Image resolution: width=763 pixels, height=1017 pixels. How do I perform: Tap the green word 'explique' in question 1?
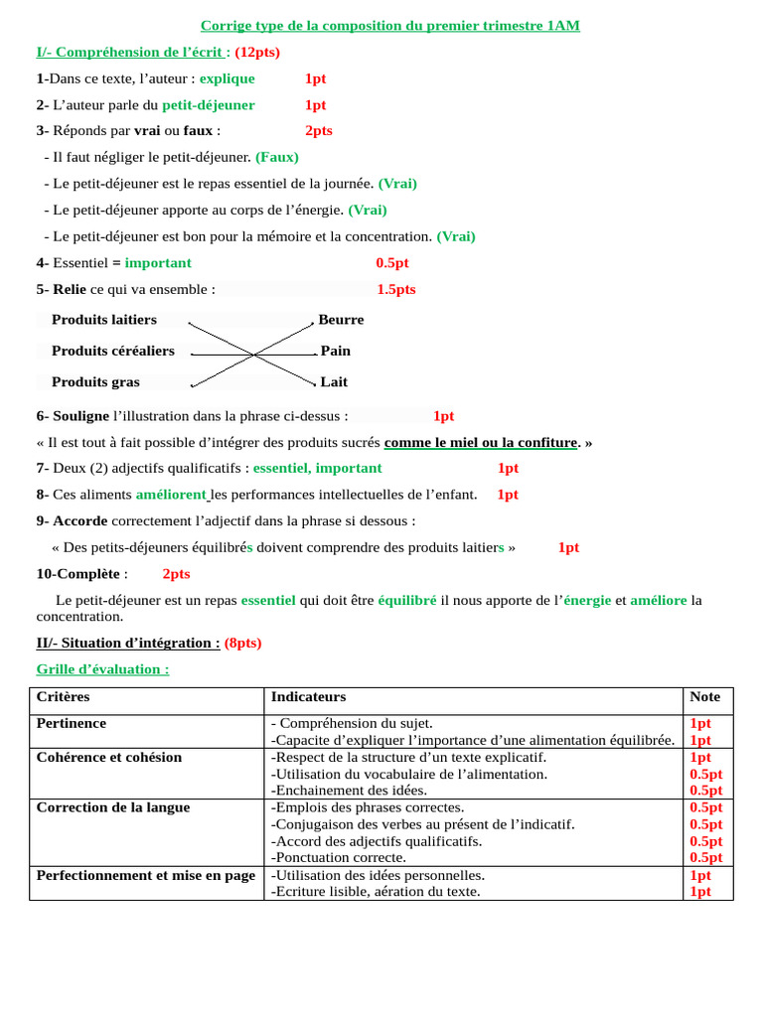(227, 78)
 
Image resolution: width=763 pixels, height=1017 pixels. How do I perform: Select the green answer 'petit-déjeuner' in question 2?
(209, 105)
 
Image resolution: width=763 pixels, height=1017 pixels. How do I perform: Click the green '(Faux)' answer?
(277, 157)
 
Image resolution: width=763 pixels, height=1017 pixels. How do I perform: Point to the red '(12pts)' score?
(257, 52)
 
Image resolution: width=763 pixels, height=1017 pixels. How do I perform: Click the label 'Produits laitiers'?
(104, 320)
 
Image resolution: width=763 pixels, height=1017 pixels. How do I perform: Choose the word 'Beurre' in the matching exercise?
(341, 320)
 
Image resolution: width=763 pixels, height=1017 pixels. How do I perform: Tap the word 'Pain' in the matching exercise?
(336, 351)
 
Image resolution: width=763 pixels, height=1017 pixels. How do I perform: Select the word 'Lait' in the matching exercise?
(334, 381)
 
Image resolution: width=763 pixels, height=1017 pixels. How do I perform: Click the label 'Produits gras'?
(95, 381)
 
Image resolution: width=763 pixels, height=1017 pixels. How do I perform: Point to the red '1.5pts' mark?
(396, 289)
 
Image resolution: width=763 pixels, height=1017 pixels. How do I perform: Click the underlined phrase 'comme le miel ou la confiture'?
(481, 442)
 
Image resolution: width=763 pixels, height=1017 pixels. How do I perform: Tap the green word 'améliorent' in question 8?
(171, 495)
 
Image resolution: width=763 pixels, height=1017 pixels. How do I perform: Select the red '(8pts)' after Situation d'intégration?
(243, 643)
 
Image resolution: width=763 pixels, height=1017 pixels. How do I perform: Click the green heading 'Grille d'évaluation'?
(102, 669)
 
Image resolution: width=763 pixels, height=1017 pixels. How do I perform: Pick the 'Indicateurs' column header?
(308, 697)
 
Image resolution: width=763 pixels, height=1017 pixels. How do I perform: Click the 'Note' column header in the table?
(705, 697)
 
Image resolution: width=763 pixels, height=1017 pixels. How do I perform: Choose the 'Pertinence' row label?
(72, 723)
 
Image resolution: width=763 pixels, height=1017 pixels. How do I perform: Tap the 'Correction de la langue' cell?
(113, 807)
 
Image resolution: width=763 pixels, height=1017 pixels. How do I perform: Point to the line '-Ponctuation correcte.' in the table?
(339, 857)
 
